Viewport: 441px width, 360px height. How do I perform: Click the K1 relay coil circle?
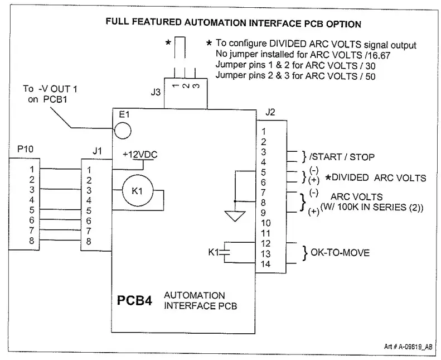pyautogui.click(x=134, y=191)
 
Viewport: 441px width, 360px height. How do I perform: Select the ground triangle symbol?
pyautogui.click(x=235, y=215)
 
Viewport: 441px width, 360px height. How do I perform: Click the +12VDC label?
pyautogui.click(x=140, y=154)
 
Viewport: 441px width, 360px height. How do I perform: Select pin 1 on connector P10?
pyautogui.click(x=32, y=169)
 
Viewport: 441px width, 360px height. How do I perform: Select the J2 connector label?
pyautogui.click(x=270, y=112)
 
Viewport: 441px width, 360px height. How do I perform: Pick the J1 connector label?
pyautogui.click(x=97, y=151)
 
